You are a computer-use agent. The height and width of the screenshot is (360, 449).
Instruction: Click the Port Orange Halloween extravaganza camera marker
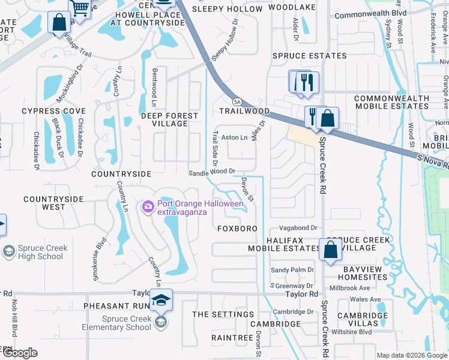[148, 207]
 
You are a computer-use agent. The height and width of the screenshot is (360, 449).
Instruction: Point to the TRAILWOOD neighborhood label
[244, 111]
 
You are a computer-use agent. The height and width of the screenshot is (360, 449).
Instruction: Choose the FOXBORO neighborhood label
[237, 229]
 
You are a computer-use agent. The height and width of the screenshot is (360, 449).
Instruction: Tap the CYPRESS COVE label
[54, 111]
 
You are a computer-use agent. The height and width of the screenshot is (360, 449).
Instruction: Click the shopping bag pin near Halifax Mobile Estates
[330, 250]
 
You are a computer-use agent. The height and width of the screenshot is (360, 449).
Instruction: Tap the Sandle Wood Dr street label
[211, 171]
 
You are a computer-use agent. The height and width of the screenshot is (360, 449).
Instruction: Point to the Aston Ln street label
[235, 137]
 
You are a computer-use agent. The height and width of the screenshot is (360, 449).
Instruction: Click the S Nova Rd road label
[432, 160]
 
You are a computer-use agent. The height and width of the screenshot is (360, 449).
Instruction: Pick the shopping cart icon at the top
[80, 7]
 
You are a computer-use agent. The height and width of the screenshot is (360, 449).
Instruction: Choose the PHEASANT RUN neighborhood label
[116, 306]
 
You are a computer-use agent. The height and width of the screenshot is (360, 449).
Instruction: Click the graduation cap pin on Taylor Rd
[161, 300]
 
